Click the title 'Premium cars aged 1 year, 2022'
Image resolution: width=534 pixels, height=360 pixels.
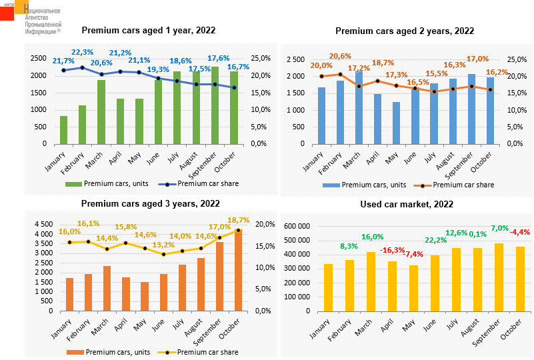point(148,30)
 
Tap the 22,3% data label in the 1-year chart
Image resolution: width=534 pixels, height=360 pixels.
point(82,52)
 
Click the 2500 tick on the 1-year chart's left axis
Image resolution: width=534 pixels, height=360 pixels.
point(39,59)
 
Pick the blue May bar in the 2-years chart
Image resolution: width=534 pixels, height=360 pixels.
point(396,123)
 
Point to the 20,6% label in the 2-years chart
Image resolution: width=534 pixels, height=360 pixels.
point(340,56)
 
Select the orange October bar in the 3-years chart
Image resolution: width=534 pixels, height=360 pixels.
point(238,270)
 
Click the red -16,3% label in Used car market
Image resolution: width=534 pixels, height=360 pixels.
point(393,250)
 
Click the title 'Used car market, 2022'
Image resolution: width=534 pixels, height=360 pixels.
point(407,205)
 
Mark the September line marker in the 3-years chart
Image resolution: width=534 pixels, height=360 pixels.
point(219,237)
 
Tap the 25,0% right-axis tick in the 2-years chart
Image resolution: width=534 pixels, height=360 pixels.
point(517,59)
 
